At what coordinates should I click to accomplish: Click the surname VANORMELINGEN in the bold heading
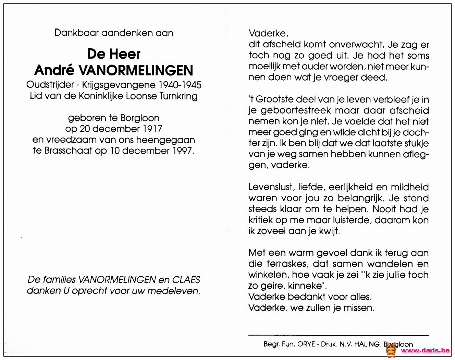[136, 70]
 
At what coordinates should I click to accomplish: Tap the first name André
[54, 70]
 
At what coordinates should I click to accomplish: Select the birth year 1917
[153, 129]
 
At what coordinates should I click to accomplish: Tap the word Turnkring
[179, 96]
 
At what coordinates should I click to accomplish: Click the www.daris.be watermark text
[425, 350]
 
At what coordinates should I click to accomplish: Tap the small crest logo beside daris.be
[391, 350]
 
